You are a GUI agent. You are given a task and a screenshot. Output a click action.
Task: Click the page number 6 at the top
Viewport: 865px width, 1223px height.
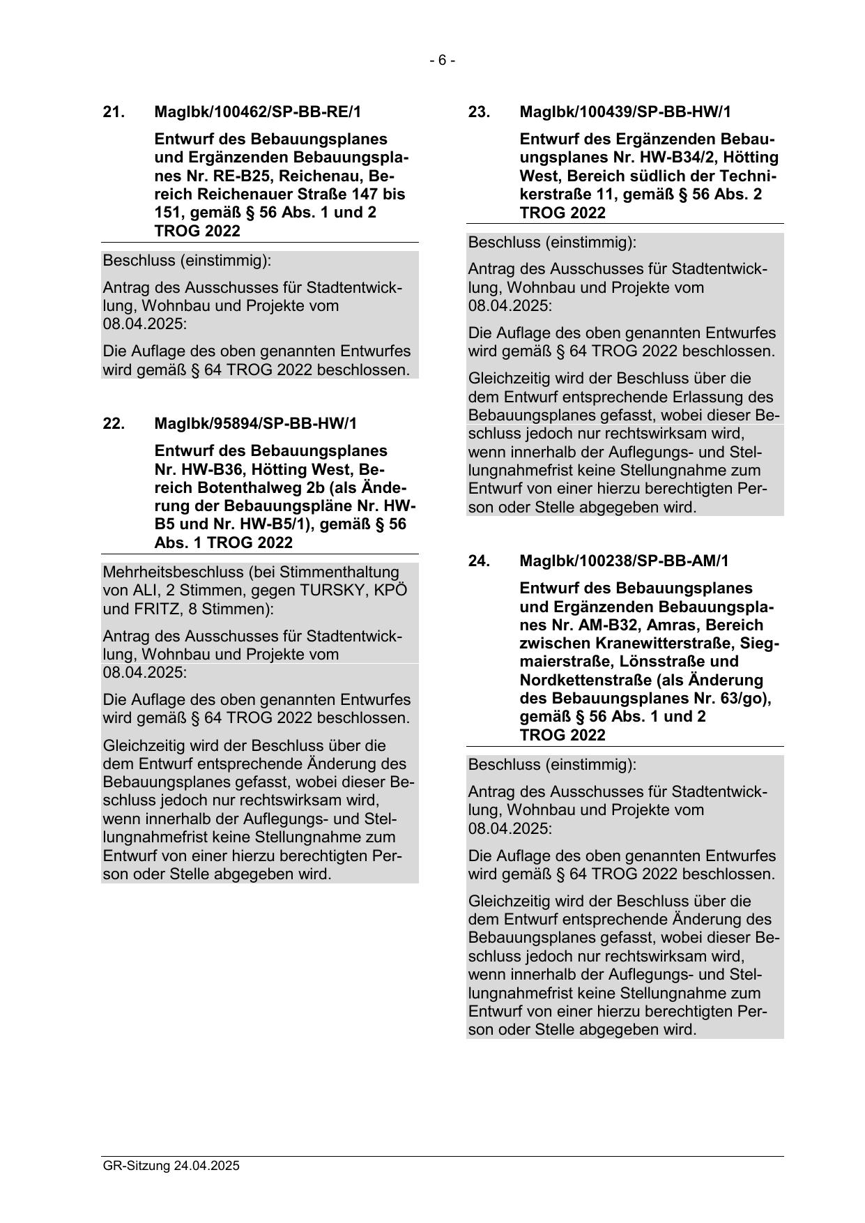coord(442,61)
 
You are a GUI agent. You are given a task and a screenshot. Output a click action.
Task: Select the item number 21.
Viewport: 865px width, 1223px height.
coord(114,112)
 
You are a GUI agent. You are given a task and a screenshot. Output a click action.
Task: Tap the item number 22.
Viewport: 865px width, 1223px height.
coord(114,423)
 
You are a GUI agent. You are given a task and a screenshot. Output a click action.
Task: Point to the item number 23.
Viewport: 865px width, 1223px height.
coord(479,112)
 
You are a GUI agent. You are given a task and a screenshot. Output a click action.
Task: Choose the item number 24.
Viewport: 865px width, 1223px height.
coord(479,561)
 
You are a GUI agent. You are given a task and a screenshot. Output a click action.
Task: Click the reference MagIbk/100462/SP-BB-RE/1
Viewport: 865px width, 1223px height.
coord(258,112)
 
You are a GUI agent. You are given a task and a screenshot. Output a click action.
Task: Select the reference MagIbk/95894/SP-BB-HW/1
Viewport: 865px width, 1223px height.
coord(255,423)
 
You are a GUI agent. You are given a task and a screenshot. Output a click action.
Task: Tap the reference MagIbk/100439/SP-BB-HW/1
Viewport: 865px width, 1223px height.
coord(625,112)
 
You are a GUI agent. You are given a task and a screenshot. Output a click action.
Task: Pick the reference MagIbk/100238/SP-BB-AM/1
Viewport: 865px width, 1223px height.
coord(624,561)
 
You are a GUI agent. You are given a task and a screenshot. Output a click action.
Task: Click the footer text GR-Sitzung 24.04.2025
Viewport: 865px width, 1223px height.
coord(171,1165)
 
